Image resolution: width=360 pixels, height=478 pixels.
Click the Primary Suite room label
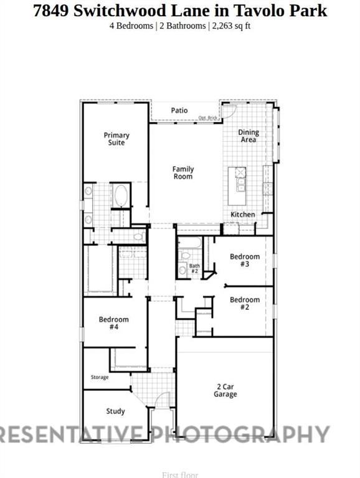click(116, 139)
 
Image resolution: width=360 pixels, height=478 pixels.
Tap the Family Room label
click(183, 173)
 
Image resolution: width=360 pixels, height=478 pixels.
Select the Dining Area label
click(248, 136)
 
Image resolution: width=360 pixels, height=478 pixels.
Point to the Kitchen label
click(243, 215)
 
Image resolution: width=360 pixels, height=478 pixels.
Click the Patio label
click(179, 111)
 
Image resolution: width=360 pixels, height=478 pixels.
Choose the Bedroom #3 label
click(245, 260)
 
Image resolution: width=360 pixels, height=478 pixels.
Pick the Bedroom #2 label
click(245, 304)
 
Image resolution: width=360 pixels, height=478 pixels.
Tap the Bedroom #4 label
click(114, 324)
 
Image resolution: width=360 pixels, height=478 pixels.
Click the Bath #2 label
click(194, 269)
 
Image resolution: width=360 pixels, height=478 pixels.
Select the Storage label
click(100, 377)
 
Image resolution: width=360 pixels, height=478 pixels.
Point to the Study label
click(115, 411)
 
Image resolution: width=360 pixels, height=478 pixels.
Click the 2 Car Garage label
click(225, 390)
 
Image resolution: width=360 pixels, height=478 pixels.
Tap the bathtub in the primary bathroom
click(120, 196)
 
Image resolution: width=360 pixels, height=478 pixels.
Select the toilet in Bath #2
click(185, 256)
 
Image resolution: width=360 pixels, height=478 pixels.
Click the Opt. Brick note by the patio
click(207, 118)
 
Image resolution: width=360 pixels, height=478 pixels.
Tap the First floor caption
click(180, 475)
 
